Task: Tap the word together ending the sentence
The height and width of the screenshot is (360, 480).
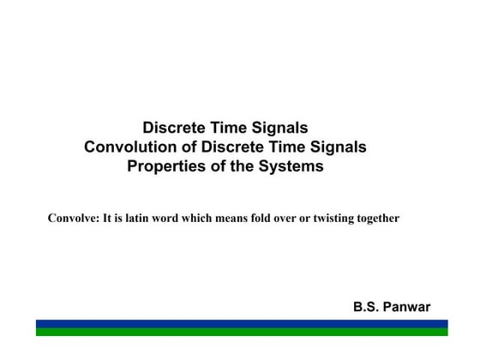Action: (379, 219)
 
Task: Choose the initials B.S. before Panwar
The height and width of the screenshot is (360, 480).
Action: (367, 307)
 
